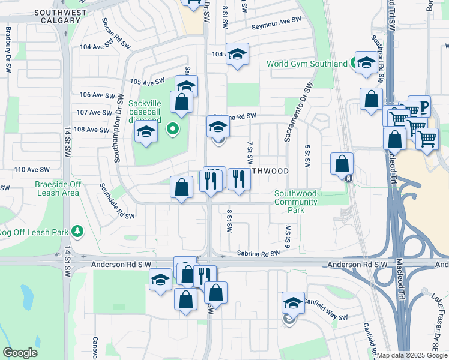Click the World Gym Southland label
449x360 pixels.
pyautogui.click(x=307, y=64)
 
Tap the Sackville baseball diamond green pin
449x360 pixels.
pyautogui.click(x=173, y=128)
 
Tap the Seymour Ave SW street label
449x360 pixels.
pyautogui.click(x=275, y=20)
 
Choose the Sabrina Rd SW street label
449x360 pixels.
pyautogui.click(x=259, y=254)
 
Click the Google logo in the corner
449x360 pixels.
pyautogui.click(x=20, y=353)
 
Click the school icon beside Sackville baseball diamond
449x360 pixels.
pyautogui.click(x=146, y=132)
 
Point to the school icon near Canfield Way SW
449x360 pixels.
pyautogui.click(x=293, y=303)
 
